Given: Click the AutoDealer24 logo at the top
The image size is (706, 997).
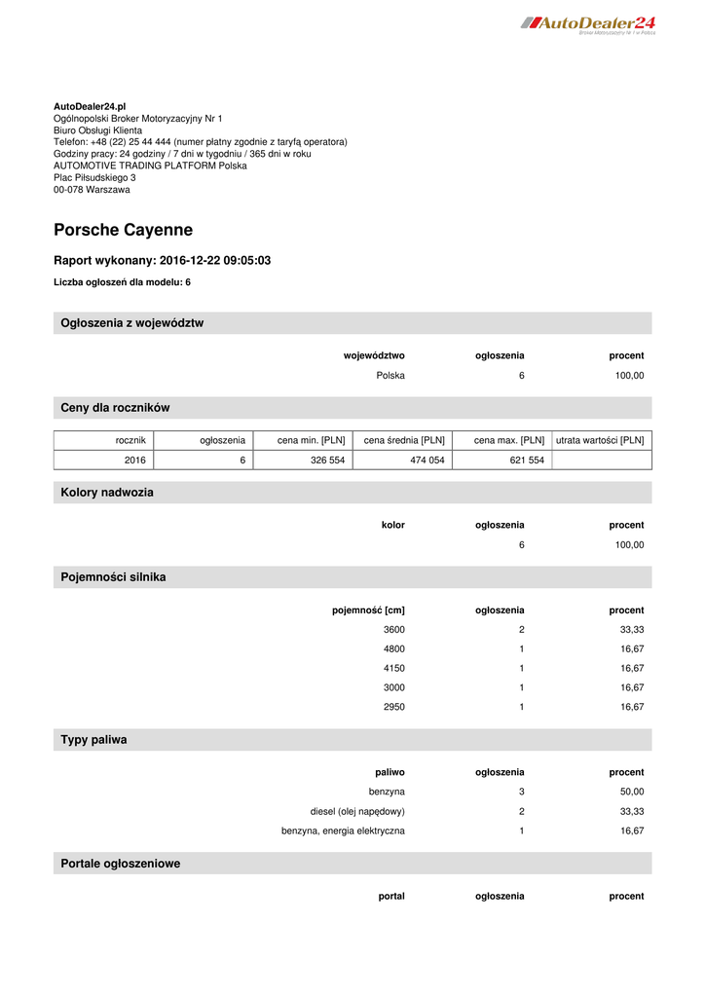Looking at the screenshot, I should [587, 23].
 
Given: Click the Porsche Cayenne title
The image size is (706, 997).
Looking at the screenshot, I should [123, 231].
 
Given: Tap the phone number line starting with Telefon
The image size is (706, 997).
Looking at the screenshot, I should [200, 142].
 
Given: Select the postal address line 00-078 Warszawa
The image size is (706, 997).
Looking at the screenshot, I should [92, 190].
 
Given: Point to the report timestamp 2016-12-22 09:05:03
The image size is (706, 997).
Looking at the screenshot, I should [214, 261].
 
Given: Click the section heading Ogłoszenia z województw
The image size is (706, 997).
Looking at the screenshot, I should [132, 323].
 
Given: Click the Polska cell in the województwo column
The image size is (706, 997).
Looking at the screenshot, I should [390, 375].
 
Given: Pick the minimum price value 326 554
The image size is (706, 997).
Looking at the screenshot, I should [327, 461].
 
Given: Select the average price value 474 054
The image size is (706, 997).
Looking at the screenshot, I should [427, 461].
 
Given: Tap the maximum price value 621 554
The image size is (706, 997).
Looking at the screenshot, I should [527, 461].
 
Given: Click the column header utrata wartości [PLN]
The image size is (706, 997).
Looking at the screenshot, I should [600, 441].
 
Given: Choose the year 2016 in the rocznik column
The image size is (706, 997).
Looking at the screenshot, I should [134, 461].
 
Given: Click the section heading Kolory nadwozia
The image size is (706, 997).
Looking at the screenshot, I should [107, 493].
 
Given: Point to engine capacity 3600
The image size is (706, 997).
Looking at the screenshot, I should [394, 630].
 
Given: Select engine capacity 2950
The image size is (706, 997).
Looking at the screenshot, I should [394, 707].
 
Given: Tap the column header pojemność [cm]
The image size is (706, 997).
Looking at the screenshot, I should [368, 610].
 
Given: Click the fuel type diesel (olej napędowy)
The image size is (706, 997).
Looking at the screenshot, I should [357, 812].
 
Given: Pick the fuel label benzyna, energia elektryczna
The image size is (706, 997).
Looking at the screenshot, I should [343, 831].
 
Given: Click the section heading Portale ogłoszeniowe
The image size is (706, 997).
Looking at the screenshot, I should [121, 864].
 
